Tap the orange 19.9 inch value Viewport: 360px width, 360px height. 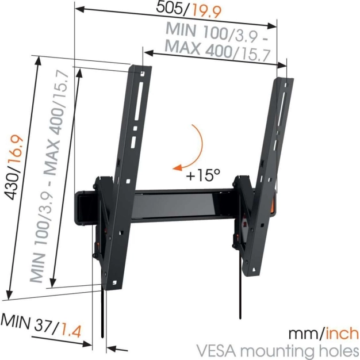point(207,12)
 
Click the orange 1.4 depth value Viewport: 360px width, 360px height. point(71,331)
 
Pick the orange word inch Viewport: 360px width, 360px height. point(342,334)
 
